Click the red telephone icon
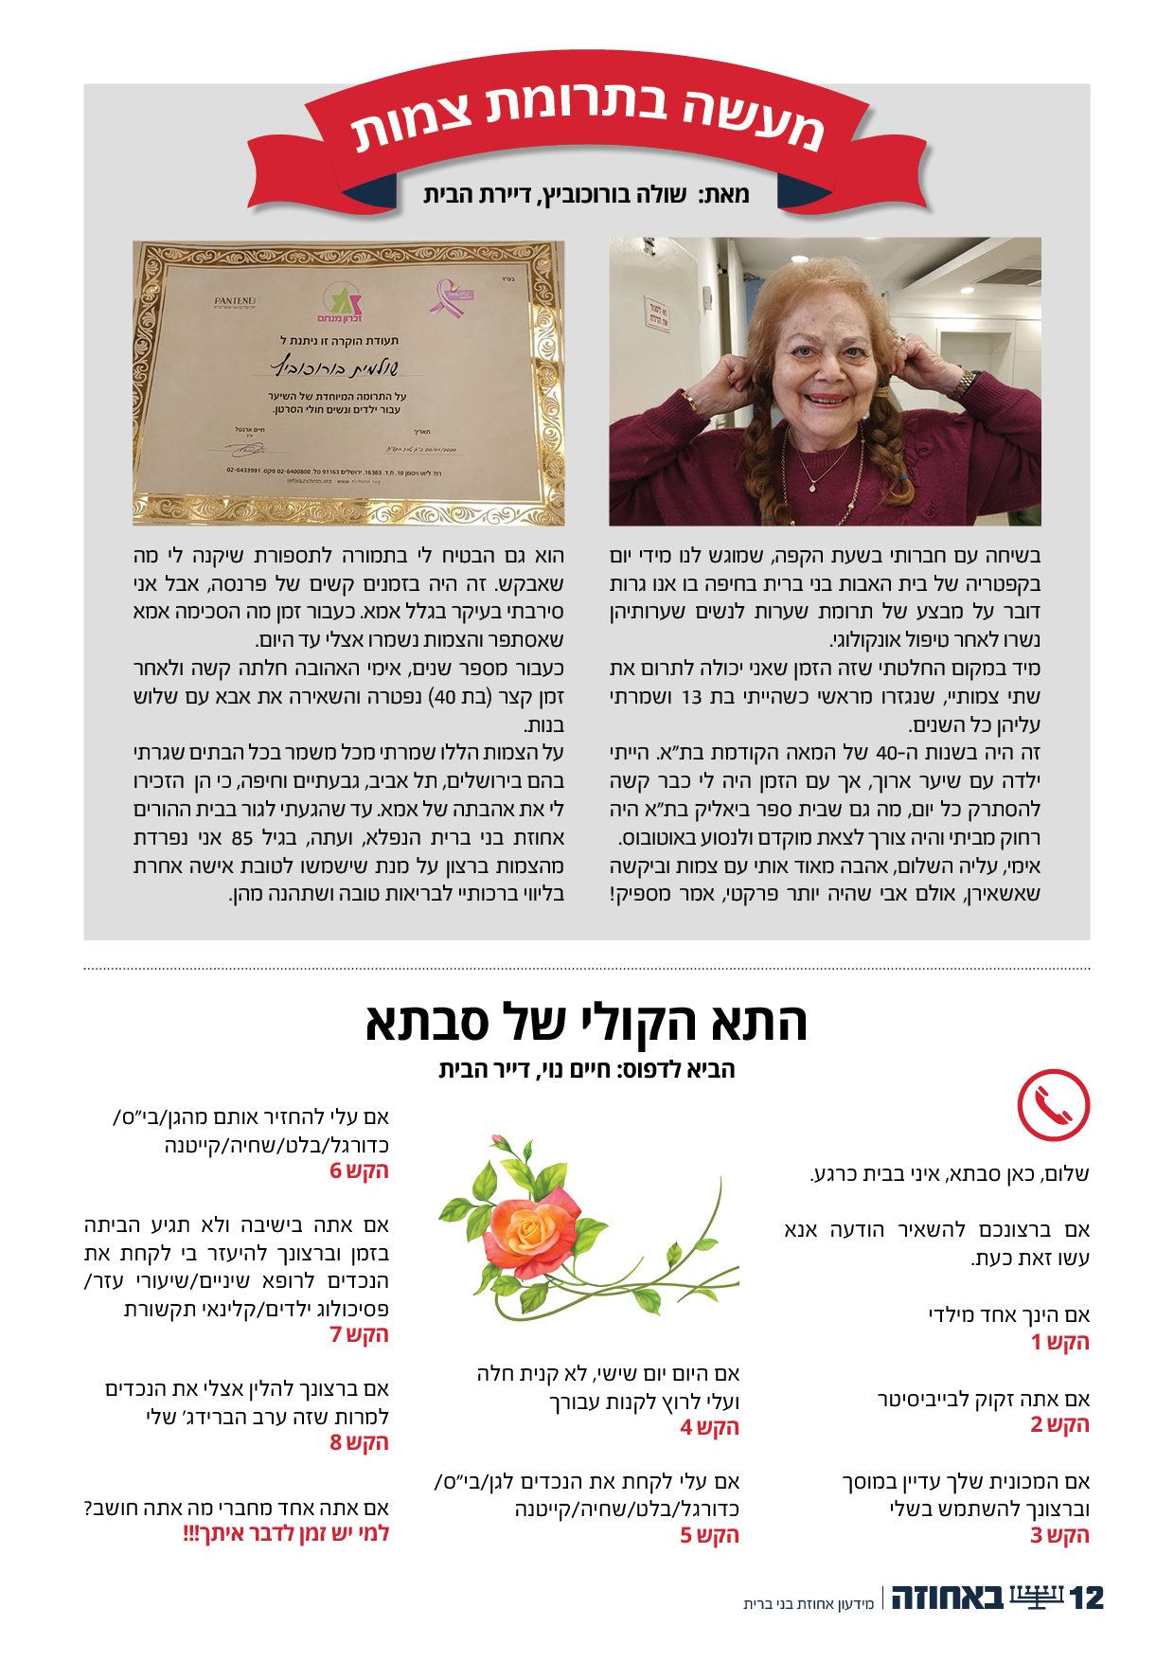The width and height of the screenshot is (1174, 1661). [1053, 1105]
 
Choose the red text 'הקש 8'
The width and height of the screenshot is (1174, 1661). [359, 1442]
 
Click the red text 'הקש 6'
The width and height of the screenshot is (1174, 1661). [359, 1170]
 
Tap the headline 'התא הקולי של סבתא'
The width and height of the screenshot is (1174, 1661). [587, 1023]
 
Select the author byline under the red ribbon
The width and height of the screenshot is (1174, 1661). [587, 195]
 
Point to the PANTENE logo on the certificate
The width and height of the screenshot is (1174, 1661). [236, 301]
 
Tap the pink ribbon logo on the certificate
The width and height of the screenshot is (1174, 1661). [452, 295]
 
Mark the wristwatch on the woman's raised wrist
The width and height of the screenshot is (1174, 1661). [963, 384]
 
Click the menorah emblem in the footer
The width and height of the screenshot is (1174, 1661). [1036, 1598]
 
